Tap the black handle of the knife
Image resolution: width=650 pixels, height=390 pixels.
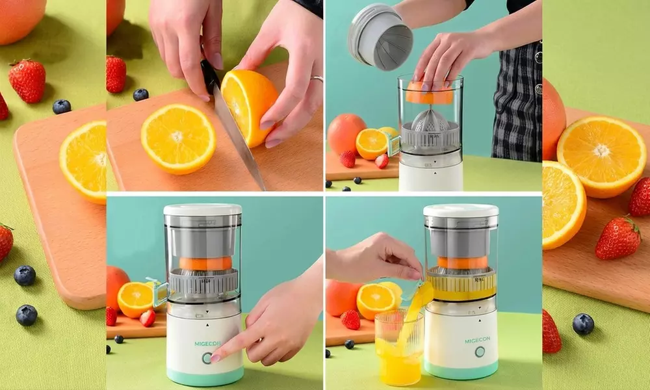pyautogui.click(x=209, y=75)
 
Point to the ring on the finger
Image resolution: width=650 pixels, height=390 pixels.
pyautogui.click(x=317, y=78)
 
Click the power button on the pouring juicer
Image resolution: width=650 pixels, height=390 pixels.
pyautogui.click(x=480, y=352)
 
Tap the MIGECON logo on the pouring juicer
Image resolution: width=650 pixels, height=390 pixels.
pyautogui.click(x=477, y=340)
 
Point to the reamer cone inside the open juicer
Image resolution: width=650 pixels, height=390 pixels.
pyautogui.click(x=430, y=120)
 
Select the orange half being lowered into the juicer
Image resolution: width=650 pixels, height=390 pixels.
pyautogui.click(x=429, y=93)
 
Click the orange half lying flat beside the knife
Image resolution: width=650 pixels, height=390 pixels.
pyautogui.click(x=178, y=139)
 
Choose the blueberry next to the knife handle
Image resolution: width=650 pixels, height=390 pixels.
pyautogui.click(x=140, y=94)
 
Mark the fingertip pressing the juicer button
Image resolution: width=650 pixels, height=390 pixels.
pyautogui.click(x=215, y=357)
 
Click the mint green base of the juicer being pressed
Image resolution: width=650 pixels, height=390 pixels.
pyautogui.click(x=205, y=376)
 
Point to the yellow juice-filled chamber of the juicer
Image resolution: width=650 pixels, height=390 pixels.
pyautogui.click(x=461, y=286)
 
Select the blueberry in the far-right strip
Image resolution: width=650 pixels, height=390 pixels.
pyautogui.click(x=583, y=324)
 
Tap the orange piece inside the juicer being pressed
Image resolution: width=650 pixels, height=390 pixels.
pyautogui.click(x=205, y=263)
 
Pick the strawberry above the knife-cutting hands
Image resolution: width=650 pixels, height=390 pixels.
pyautogui.click(x=116, y=74)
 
